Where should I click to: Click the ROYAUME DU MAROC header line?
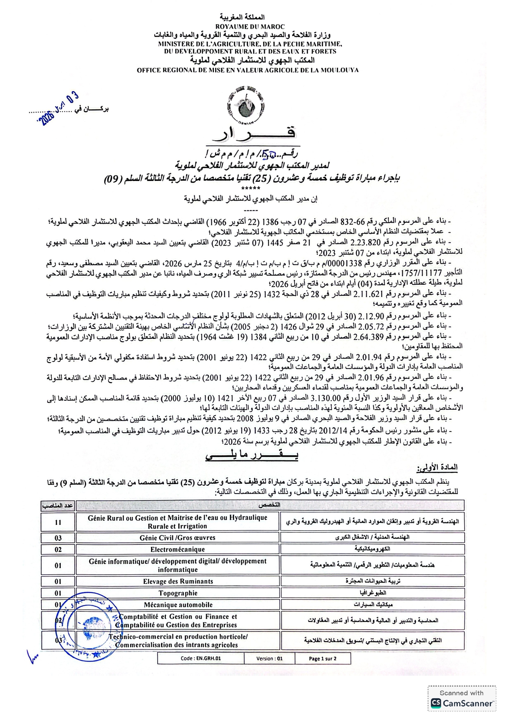pos(250,27)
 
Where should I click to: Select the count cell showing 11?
pos(58,522)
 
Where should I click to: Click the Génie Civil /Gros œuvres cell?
pos(177,538)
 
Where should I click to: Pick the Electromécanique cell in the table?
pos(177,549)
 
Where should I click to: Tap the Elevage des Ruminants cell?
pos(178,581)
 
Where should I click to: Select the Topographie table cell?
pos(178,593)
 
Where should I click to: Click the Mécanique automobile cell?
pos(178,605)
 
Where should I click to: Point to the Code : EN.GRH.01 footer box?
pos(201,658)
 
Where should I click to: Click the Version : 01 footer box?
pos(269,658)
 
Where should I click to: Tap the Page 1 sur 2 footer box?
pos(323,658)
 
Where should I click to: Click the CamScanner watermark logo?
pos(462,703)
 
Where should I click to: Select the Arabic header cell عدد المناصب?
pos(57,506)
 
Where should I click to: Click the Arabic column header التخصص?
pos(270,505)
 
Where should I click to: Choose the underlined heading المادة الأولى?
pos(437,467)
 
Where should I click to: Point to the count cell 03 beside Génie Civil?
pos(58,538)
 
